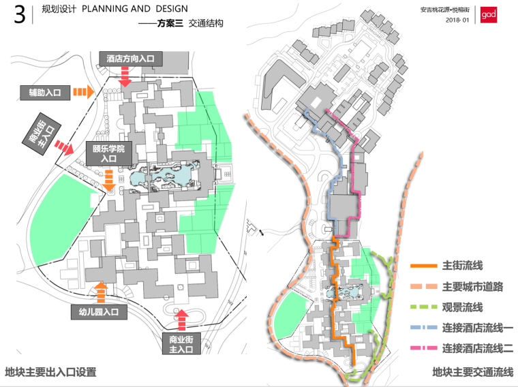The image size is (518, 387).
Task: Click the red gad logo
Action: pyautogui.click(x=489, y=15)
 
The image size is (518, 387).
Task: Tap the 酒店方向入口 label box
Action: pyautogui.click(x=130, y=59)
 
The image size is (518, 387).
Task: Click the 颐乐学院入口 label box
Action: pyautogui.click(x=108, y=153)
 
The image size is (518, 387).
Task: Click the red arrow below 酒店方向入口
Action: pyautogui.click(x=125, y=80)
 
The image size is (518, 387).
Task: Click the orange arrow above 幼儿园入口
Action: pyautogui.click(x=101, y=292)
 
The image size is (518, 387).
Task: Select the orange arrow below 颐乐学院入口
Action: pyautogui.click(x=109, y=181)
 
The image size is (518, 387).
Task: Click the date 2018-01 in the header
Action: pyautogui.click(x=457, y=20)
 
